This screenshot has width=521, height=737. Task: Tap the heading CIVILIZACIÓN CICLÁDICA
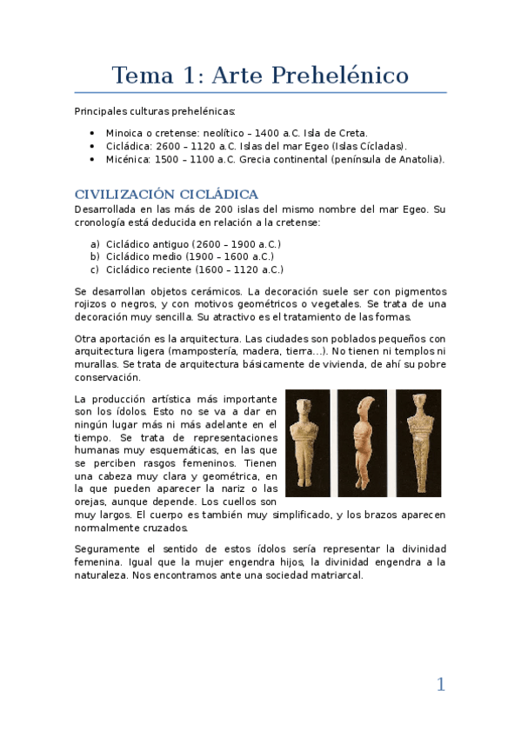(x=166, y=194)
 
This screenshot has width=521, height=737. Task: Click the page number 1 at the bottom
(x=440, y=685)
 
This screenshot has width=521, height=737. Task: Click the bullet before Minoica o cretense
(x=92, y=133)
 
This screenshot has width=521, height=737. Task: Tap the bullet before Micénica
(x=92, y=159)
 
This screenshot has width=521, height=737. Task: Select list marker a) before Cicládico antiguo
(x=95, y=244)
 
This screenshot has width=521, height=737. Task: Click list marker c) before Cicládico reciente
(x=95, y=269)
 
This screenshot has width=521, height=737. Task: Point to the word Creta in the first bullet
(x=350, y=133)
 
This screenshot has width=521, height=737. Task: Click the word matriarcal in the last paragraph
(x=333, y=575)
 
